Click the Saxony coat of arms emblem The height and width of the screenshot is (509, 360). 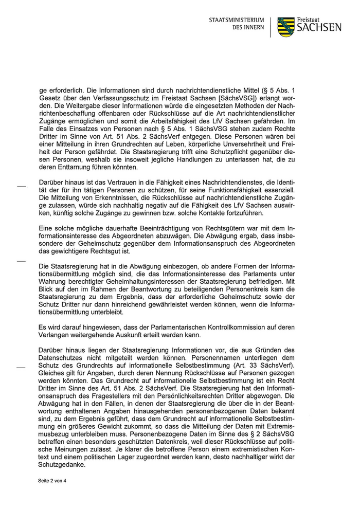pos(286,27)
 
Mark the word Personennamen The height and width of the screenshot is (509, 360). pos(232,358)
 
